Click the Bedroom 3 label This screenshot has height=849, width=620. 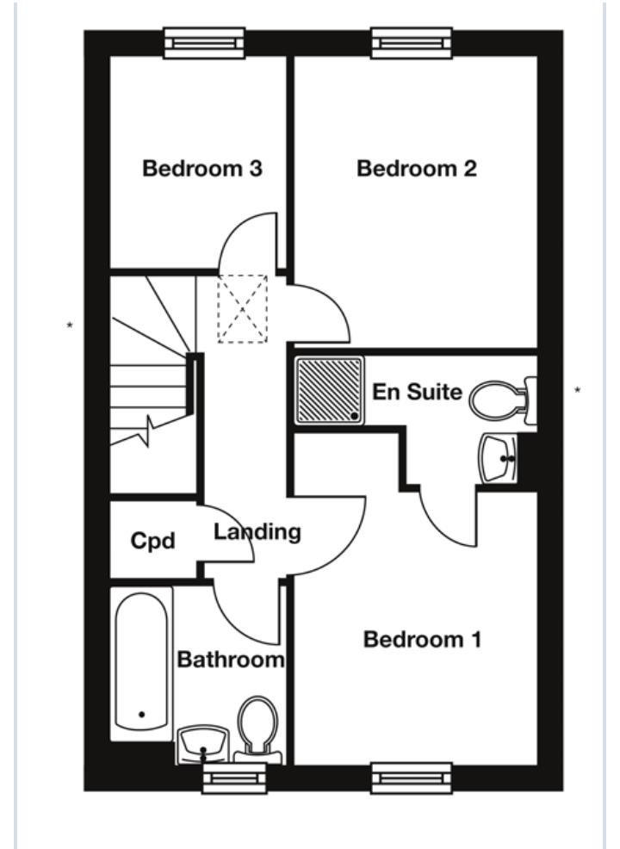coord(202,169)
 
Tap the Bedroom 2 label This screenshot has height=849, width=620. coord(416,169)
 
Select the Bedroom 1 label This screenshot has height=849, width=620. coord(422,640)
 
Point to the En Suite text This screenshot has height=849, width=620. coord(417,393)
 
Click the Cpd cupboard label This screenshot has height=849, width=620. coord(152,542)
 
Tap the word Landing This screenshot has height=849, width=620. coord(257,532)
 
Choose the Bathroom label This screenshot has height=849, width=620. coord(230,660)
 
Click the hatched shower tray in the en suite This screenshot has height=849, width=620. coord(330,390)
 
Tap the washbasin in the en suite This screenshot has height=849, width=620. coord(499,458)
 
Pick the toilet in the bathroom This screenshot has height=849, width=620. coord(257,728)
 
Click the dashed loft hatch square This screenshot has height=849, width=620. coord(242,308)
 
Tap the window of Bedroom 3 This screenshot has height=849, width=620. coord(204,42)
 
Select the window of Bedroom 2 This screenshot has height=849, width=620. coord(412,42)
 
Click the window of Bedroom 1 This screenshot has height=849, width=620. coord(412,778)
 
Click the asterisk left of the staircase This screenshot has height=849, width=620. coord(70,325)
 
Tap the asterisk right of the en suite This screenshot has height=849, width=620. coord(577,391)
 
